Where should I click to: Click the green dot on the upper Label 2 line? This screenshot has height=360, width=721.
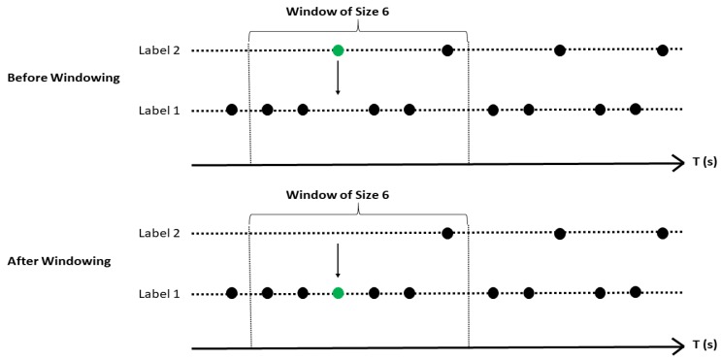tap(338, 50)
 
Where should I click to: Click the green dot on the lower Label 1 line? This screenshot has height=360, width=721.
tap(338, 293)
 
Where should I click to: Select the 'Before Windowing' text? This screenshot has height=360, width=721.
tap(59, 78)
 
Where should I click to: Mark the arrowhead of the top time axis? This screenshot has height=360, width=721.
tap(677, 164)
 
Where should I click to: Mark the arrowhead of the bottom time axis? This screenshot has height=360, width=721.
tap(677, 347)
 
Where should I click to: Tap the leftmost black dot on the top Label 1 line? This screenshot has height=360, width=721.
tap(231, 110)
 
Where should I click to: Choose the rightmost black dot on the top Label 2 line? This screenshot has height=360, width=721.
tap(662, 49)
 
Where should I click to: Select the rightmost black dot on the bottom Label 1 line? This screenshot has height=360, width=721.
tap(636, 292)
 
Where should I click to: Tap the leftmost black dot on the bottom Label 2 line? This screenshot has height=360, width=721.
tap(447, 233)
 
